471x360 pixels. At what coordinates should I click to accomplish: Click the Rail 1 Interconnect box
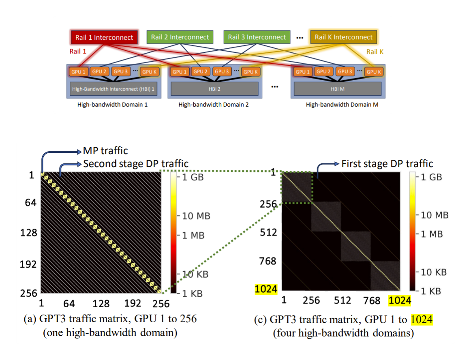point(104,37)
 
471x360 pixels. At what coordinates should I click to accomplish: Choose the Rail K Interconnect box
point(343,37)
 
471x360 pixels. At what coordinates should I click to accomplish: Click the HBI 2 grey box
point(214,88)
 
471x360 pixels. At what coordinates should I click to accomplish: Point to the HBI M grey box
point(337,88)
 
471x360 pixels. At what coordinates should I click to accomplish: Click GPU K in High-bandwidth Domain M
point(373,72)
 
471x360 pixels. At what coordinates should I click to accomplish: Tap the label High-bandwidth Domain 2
point(214,105)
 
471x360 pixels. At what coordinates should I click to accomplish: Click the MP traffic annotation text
point(105,151)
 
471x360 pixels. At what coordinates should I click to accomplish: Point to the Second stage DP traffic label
point(136,164)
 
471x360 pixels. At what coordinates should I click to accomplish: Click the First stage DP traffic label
point(387,164)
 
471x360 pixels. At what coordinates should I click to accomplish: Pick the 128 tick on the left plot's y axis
point(29,233)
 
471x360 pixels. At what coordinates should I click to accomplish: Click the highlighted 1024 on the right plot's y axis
point(266,289)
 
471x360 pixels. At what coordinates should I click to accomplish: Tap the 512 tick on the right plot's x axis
point(343,300)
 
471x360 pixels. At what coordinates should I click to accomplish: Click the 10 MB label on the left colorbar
point(195,216)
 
